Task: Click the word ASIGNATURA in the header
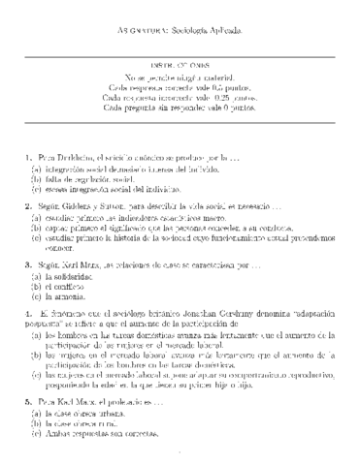click(x=140, y=31)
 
